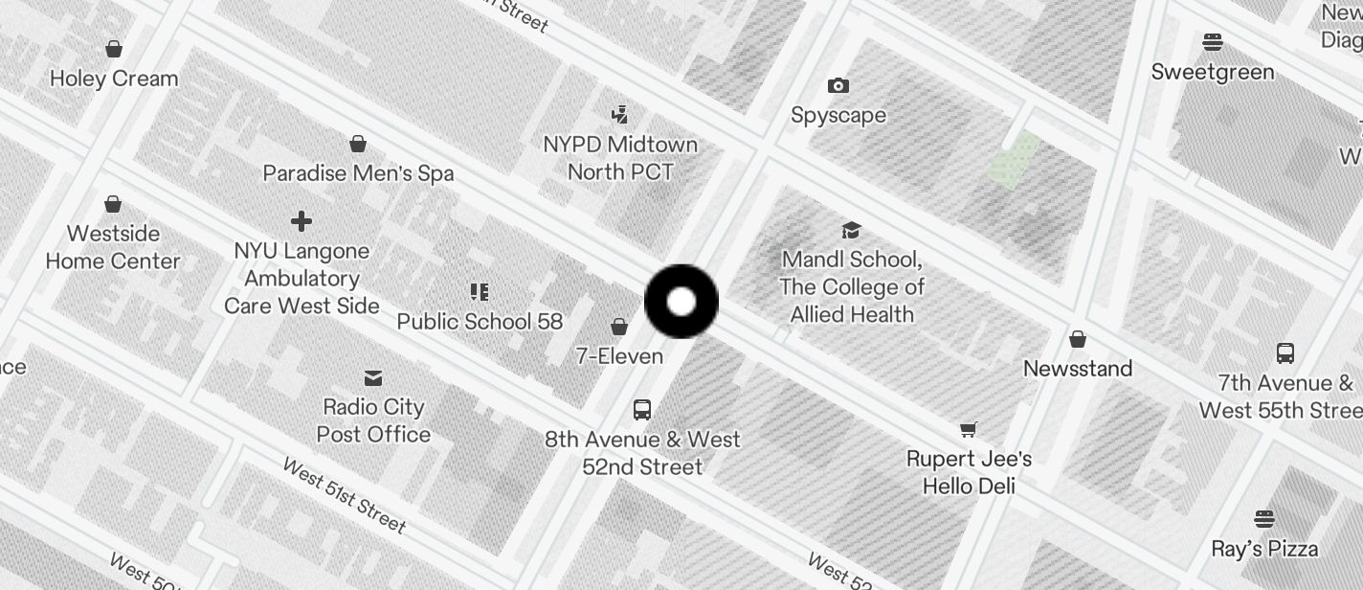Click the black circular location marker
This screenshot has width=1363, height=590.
[x=681, y=302]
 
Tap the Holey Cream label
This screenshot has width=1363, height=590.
[x=114, y=79]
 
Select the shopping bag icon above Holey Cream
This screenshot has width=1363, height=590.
[x=114, y=49]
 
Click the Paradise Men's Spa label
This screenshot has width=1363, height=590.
[x=358, y=173]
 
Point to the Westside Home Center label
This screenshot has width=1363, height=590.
[x=113, y=247]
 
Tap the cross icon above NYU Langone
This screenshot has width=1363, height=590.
[x=302, y=221]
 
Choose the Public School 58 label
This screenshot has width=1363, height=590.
[x=480, y=321]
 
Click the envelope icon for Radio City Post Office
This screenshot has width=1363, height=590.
[x=373, y=378]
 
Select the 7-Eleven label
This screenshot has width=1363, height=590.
[x=619, y=355]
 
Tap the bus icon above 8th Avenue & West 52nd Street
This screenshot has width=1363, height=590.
[x=642, y=410]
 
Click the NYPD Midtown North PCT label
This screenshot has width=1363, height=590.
[x=620, y=158]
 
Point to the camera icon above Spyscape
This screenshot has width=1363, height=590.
[x=838, y=86]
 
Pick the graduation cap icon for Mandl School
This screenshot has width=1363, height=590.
[x=851, y=230]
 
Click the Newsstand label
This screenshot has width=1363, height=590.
[x=1078, y=368]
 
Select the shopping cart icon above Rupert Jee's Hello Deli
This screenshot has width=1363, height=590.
[x=969, y=429]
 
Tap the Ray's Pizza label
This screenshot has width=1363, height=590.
[x=1264, y=549]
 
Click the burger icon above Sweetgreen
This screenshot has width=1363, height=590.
[x=1213, y=42]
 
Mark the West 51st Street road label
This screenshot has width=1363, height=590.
[x=345, y=494]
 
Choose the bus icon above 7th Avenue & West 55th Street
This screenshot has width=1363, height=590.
[x=1285, y=353]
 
